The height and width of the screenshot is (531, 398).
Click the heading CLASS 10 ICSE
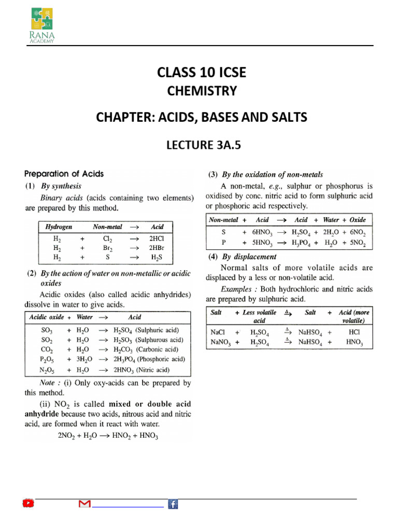coord(202,73)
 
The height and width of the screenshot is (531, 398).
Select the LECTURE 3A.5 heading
coord(202,146)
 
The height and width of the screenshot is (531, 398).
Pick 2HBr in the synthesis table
coord(157,248)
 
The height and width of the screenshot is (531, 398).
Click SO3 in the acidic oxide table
coord(47,330)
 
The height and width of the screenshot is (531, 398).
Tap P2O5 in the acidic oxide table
coord(47,359)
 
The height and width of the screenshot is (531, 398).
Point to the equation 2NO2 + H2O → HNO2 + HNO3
coord(108,436)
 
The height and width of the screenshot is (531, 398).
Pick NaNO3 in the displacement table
coord(219,342)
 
